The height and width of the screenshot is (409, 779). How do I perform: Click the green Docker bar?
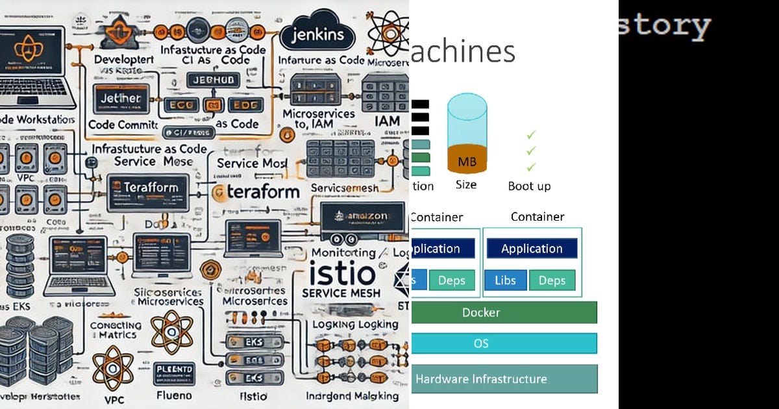[x=504, y=312]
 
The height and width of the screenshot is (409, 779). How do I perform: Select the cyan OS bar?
[x=504, y=343]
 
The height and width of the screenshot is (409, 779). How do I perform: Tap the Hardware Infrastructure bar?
[x=504, y=379]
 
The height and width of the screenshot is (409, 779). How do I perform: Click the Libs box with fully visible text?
[x=505, y=280]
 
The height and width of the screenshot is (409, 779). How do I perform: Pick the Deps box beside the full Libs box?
[x=552, y=280]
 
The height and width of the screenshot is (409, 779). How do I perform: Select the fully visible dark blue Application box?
[x=532, y=249]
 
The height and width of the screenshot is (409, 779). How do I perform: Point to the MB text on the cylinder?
[x=467, y=162]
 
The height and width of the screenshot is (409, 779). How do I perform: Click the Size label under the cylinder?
[x=465, y=185]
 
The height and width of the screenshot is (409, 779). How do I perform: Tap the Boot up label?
[x=529, y=186]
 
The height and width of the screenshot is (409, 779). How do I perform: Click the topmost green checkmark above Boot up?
[x=531, y=134]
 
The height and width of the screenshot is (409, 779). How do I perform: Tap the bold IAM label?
[x=387, y=121]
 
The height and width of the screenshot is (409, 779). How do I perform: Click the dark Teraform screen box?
[x=149, y=189]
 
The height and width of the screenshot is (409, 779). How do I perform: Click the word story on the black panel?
[x=664, y=26]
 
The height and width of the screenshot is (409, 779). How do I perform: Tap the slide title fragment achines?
[x=464, y=52]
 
